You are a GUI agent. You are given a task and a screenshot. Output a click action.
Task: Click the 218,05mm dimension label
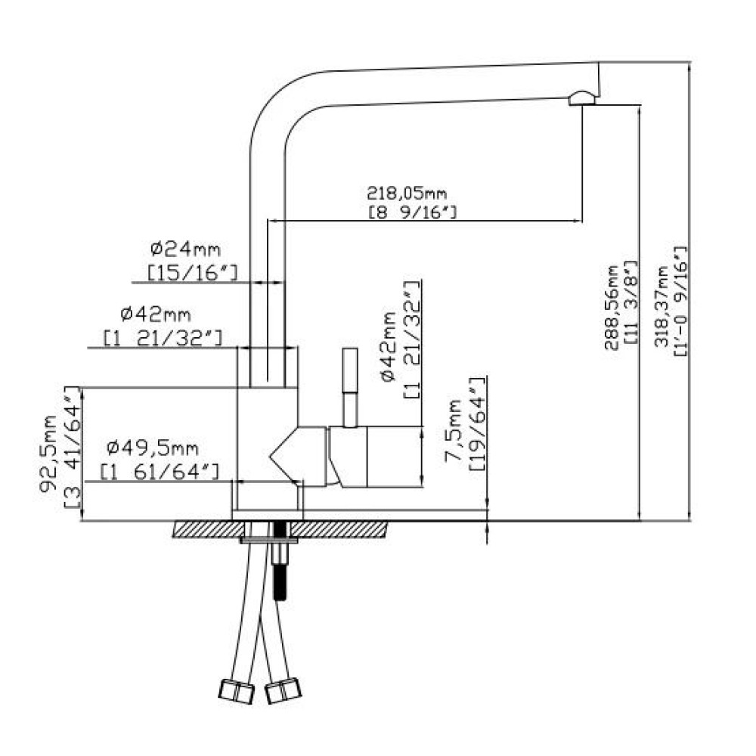click(x=407, y=194)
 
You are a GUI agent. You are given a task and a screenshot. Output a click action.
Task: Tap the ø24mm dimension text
click(x=185, y=249)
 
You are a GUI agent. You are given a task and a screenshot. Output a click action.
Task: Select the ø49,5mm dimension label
click(x=153, y=448)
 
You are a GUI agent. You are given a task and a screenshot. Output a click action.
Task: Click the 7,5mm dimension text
click(x=453, y=431)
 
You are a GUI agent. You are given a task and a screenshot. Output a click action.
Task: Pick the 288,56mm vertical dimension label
click(x=612, y=307)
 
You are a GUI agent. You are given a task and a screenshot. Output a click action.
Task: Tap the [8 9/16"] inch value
click(x=413, y=212)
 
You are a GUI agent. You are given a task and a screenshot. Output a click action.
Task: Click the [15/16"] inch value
click(x=192, y=273)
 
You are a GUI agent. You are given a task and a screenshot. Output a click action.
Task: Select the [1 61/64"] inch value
click(x=160, y=471)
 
